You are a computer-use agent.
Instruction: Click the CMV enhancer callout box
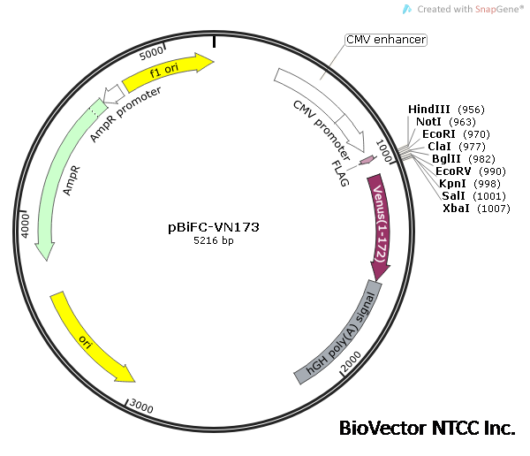386,40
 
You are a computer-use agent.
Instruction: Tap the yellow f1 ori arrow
168,72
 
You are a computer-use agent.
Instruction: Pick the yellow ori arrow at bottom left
91,337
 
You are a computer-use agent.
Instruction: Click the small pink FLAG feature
367,160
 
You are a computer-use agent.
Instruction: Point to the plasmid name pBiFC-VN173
214,226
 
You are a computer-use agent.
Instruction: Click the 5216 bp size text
214,240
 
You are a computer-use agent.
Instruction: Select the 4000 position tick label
26,224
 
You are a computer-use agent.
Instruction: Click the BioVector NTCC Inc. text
427,428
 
